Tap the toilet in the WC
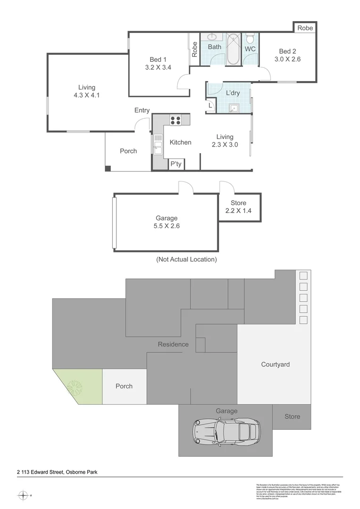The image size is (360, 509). click(x=250, y=37)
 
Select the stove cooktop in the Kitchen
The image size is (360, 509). click(x=176, y=120)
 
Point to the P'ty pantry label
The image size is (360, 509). click(x=176, y=164)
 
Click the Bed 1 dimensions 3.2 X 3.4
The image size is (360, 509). click(x=158, y=67)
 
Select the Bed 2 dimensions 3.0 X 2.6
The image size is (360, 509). click(x=287, y=59)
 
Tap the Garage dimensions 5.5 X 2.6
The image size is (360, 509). click(x=167, y=226)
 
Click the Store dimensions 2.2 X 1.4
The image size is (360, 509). click(x=238, y=211)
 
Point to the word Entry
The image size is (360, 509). click(x=142, y=110)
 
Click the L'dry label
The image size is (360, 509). click(x=233, y=93)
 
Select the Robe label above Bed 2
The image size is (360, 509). click(x=305, y=28)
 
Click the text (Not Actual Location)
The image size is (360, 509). click(x=187, y=259)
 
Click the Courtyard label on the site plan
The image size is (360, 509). click(x=275, y=364)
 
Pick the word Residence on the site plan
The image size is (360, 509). click(x=173, y=344)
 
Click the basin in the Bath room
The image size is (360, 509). click(x=212, y=37)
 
